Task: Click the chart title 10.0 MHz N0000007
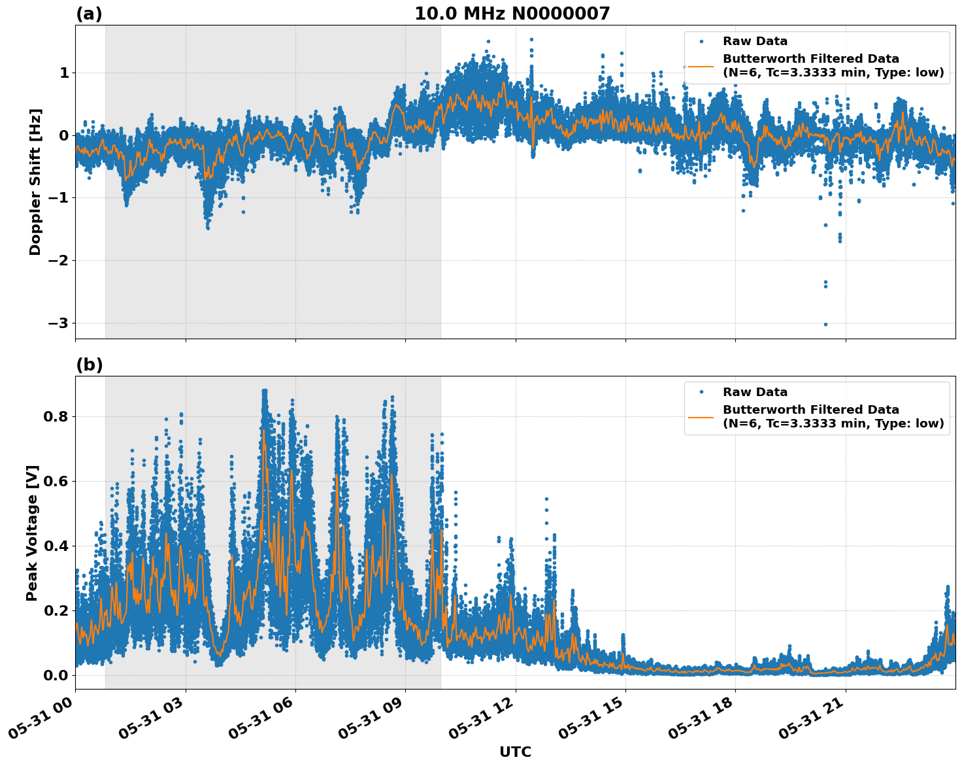tap(512, 14)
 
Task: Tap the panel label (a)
tap(89, 14)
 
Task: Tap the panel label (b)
tap(89, 365)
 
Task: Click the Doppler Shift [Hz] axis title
tap(35, 182)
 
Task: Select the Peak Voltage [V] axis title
tap(33, 533)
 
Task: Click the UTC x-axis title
tap(515, 752)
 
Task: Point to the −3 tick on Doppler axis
tap(58, 324)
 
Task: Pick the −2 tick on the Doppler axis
tap(58, 261)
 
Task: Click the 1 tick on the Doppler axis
tap(64, 73)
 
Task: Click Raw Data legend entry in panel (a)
tap(755, 42)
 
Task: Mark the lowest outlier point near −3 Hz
tap(825, 324)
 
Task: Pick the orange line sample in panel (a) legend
tap(701, 66)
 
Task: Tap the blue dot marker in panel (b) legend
tap(701, 392)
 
